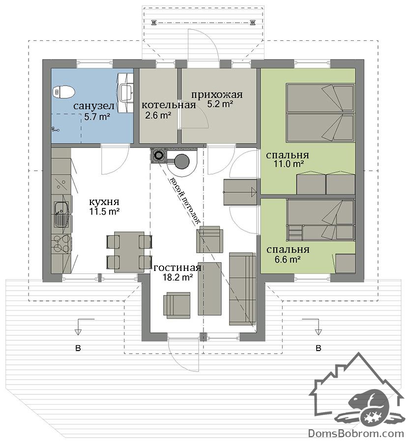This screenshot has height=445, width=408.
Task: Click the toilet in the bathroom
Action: coord(64,91)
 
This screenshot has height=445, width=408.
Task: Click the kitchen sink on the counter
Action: coord(61,214)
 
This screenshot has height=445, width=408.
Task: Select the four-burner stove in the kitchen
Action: coord(61,244)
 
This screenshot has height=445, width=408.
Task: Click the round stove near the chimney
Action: coord(181,161)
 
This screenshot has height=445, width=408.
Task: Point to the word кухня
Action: coord(104,202)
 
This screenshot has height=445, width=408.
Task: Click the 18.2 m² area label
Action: coord(178,277)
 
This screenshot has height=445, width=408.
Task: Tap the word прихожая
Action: coord(217,94)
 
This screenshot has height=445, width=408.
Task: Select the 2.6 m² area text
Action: coord(158,115)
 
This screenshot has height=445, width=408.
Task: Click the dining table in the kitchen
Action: coord(129,252)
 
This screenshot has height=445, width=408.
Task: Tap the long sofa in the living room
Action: coord(242,289)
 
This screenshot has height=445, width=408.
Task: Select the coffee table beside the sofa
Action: coord(209,288)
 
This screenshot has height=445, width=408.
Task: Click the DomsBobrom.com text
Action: coord(356,433)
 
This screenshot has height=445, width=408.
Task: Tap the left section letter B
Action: coord(78,348)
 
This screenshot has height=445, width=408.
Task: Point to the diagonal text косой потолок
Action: coord(185,201)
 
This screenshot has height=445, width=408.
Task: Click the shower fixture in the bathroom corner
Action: coord(55,129)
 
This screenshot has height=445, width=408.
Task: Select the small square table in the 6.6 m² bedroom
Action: coord(345,264)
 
